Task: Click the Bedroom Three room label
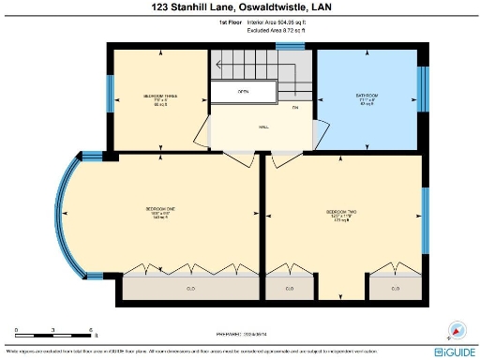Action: tap(157, 97)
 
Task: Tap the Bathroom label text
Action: tap(366, 97)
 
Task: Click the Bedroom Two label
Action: tap(341, 213)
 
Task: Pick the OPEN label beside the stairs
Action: tap(243, 92)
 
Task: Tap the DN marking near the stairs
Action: tap(294, 108)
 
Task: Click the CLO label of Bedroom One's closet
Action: tap(190, 288)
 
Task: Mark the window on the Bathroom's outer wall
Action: tap(421, 88)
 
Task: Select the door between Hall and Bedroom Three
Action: tap(203, 133)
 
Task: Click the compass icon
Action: tap(457, 330)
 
